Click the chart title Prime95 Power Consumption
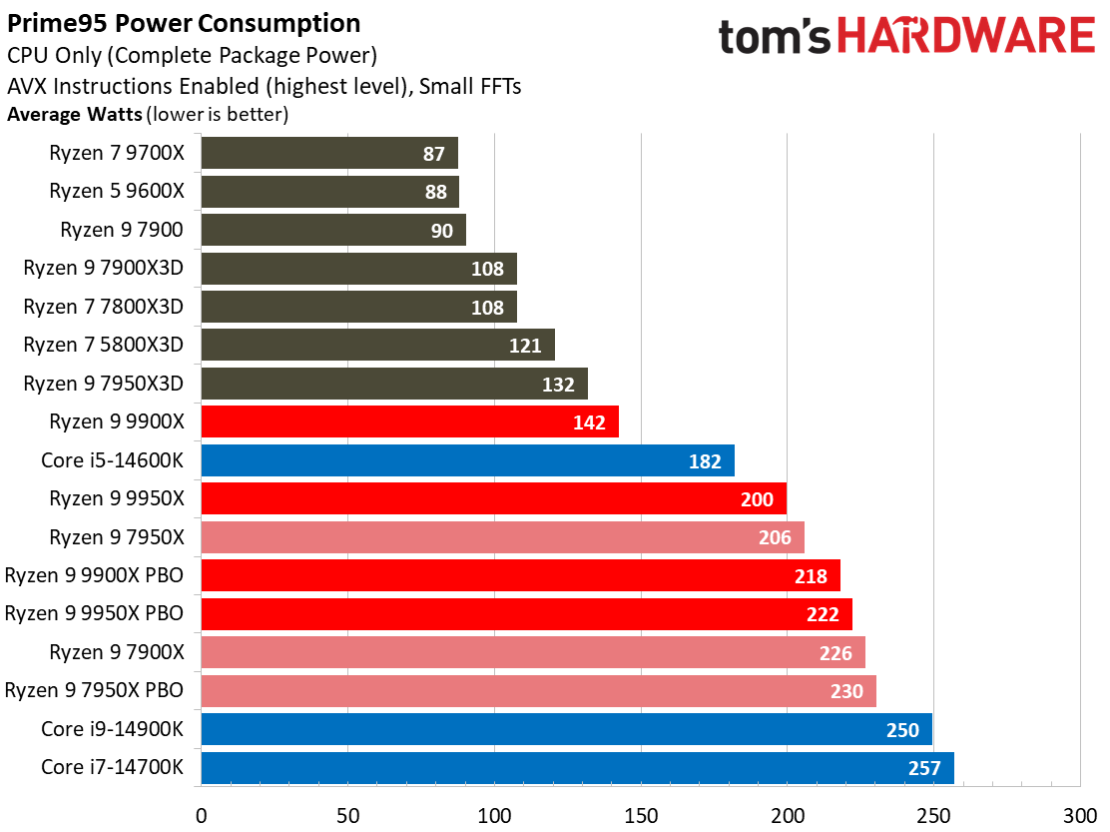[x=184, y=23]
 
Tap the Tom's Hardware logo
[x=906, y=38]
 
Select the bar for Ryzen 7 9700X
[x=329, y=153]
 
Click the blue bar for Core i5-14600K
[x=467, y=460]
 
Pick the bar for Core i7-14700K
[x=577, y=768]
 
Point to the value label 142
[x=589, y=422]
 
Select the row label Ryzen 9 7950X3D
[x=104, y=384]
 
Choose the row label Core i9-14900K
[x=112, y=729]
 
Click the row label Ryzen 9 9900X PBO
[x=95, y=575]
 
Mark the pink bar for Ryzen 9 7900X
[x=533, y=652]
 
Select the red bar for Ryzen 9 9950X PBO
[x=526, y=614]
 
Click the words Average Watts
[x=75, y=115]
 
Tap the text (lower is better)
[x=218, y=115]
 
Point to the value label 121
[x=525, y=346]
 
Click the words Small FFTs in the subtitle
[x=470, y=86]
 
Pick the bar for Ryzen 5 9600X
[x=329, y=192]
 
